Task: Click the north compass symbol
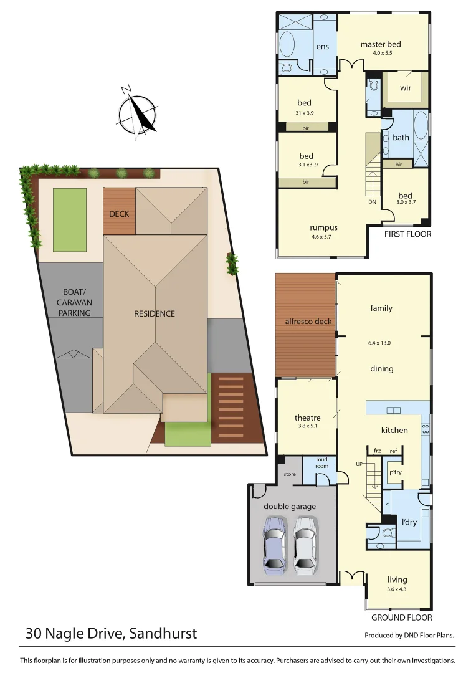[136, 113]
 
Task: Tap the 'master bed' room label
[380, 44]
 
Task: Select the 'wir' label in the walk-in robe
[406, 88]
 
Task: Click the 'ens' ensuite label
[322, 47]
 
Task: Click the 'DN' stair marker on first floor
[372, 202]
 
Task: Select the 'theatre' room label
[308, 418]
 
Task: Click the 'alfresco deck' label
[308, 322]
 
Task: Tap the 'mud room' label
[321, 462]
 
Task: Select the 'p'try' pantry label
[395, 473]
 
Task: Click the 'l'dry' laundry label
[409, 522]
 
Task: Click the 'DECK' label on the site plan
[118, 214]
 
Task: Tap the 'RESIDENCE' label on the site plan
[155, 313]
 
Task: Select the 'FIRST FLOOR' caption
[407, 234]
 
